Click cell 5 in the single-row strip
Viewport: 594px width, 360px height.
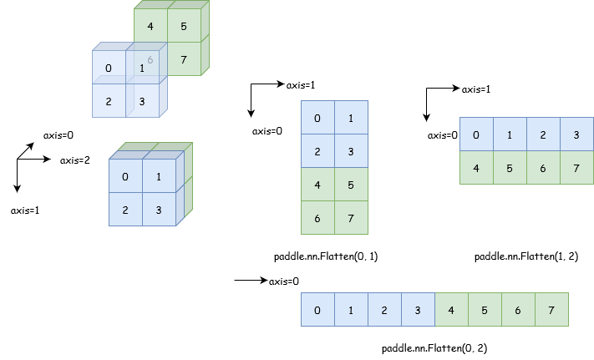485,310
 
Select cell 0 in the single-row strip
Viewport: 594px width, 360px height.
317,310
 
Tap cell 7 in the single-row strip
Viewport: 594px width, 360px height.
551,310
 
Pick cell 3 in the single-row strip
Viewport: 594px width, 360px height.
418,310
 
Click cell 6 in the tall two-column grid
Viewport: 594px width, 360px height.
317,218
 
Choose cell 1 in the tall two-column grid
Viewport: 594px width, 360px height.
351,118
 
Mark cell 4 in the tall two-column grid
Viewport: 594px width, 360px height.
317,185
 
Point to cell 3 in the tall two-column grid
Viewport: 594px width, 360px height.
351,151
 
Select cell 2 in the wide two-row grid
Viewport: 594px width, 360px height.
543,134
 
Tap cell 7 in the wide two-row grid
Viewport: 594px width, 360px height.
576,168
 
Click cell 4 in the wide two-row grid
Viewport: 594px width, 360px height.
476,168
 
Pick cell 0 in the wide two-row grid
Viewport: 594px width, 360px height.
476,134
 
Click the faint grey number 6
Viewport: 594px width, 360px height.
150,59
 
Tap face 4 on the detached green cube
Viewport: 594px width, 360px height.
150,26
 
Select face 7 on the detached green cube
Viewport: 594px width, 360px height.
184,59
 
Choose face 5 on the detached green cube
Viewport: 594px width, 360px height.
184,26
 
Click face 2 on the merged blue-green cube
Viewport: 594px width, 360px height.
125,210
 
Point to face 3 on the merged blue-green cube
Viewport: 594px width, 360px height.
159,210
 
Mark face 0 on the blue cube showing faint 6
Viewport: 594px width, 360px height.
109,68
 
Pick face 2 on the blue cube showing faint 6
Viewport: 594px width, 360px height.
109,101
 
